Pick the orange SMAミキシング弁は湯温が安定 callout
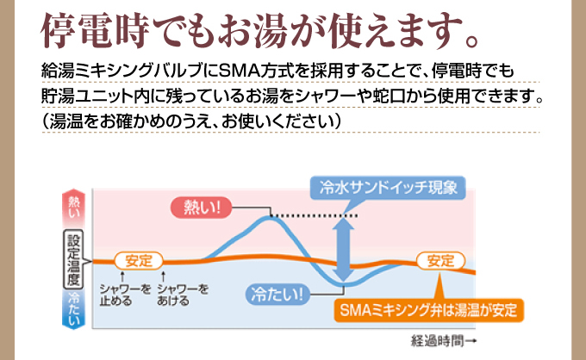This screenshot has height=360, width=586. point(427,310)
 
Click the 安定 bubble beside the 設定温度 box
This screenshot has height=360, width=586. point(137,259)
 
